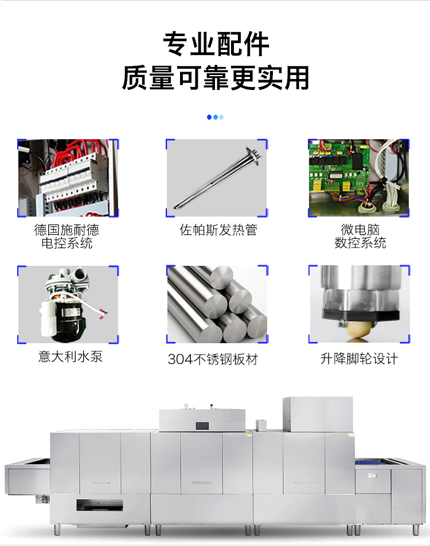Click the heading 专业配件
(216, 44)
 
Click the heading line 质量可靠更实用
(216, 77)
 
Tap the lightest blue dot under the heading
(221, 117)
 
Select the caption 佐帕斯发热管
(218, 230)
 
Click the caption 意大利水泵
(71, 356)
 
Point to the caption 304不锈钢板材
(213, 359)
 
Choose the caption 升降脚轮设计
(359, 359)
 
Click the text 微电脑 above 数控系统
(360, 230)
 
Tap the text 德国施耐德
(67, 230)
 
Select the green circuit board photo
(359, 178)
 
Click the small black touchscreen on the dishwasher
(202, 426)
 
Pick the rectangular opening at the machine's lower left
(100, 505)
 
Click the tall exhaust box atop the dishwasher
(318, 414)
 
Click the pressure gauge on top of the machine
(186, 406)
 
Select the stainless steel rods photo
(217, 304)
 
